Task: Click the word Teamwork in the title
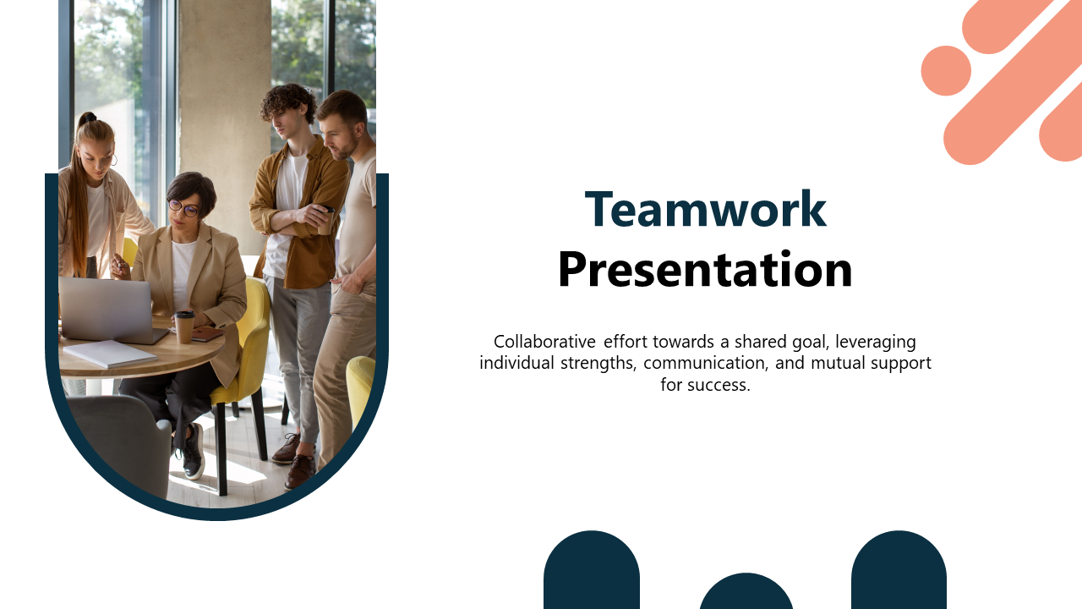click(x=706, y=209)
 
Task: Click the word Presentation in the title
click(x=705, y=269)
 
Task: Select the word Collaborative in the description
click(x=544, y=342)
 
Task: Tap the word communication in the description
click(x=706, y=363)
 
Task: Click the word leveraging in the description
click(x=875, y=343)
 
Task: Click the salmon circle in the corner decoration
click(x=946, y=70)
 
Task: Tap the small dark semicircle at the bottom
click(x=746, y=591)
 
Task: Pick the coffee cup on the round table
click(x=184, y=326)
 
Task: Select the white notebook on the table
click(x=110, y=354)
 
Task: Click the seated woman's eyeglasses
click(x=183, y=208)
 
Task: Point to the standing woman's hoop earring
click(x=114, y=160)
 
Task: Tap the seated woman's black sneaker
click(x=193, y=453)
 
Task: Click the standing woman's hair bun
click(x=87, y=118)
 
